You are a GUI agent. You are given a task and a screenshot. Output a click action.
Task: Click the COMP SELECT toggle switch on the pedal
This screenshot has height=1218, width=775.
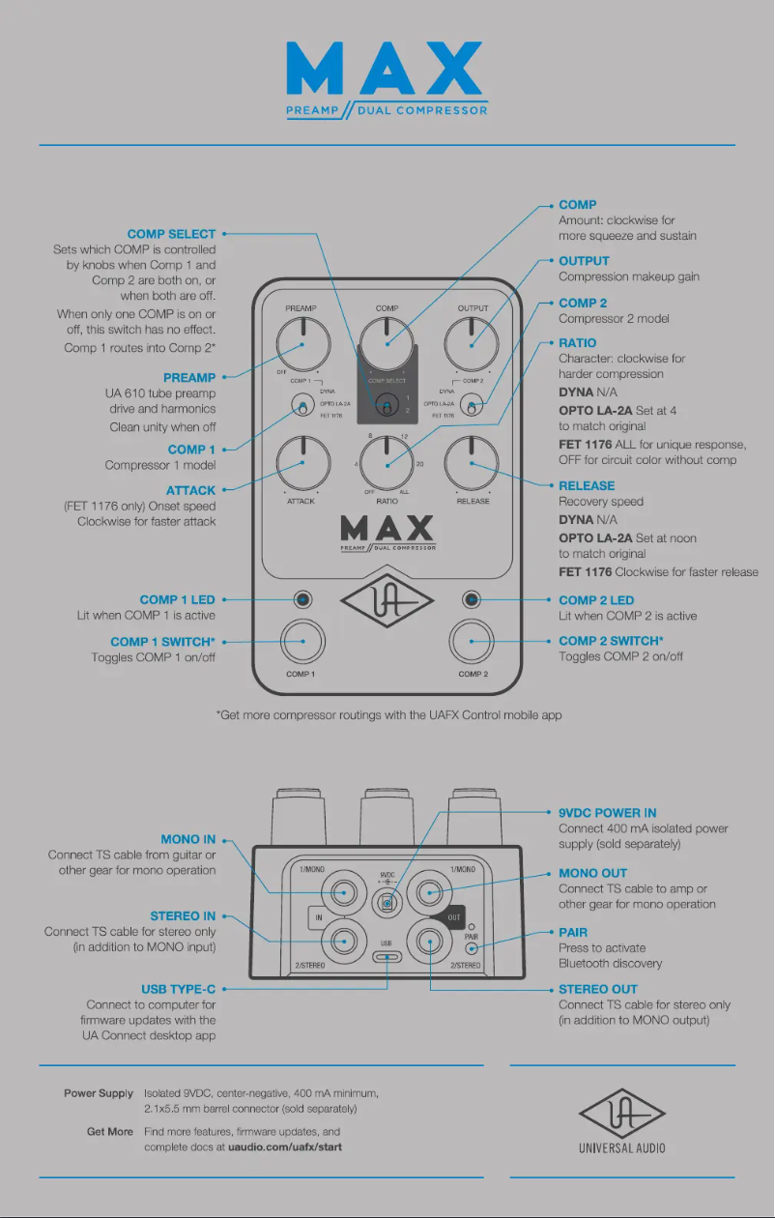[387, 407]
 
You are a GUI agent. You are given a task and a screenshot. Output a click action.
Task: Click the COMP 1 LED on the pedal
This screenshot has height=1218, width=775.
[302, 600]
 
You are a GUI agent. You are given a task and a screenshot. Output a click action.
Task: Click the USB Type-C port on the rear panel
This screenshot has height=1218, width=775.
[387, 957]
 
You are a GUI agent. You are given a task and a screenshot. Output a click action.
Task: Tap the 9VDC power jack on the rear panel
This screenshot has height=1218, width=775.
[387, 902]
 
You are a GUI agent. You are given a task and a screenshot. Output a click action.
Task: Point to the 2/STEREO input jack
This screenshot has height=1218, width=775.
[344, 937]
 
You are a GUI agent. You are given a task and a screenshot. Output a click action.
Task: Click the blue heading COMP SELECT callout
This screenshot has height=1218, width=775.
[171, 234]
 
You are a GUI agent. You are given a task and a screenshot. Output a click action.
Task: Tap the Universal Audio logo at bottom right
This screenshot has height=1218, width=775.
[621, 1121]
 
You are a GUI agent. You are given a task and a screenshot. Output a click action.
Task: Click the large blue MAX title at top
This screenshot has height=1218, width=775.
[387, 70]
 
